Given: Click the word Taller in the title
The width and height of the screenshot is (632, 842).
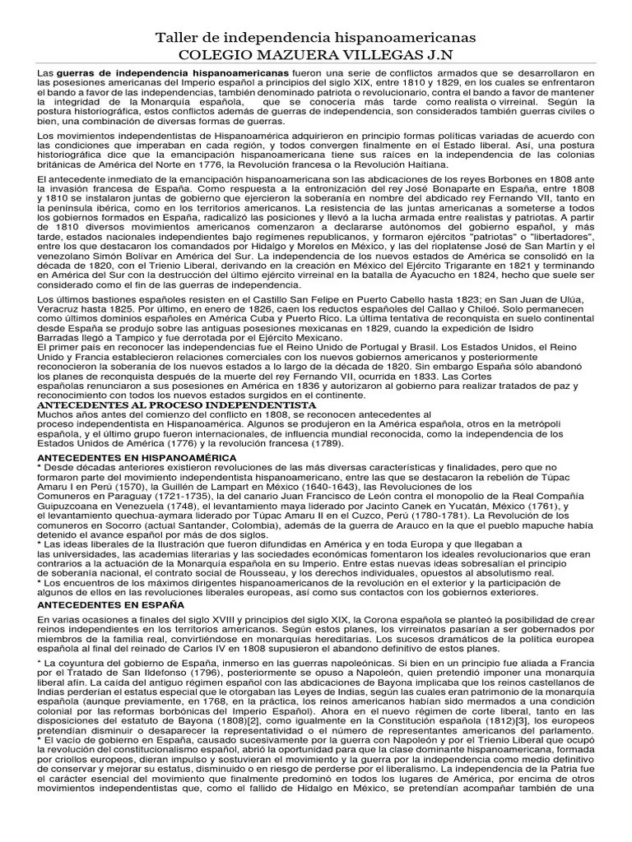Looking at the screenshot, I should (x=177, y=38).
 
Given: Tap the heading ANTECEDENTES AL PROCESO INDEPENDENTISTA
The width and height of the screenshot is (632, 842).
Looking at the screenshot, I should (x=177, y=405).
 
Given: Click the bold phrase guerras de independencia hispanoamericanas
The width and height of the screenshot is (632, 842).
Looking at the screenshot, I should (x=172, y=73).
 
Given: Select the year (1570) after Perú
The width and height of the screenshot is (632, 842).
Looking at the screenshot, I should (x=119, y=488).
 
